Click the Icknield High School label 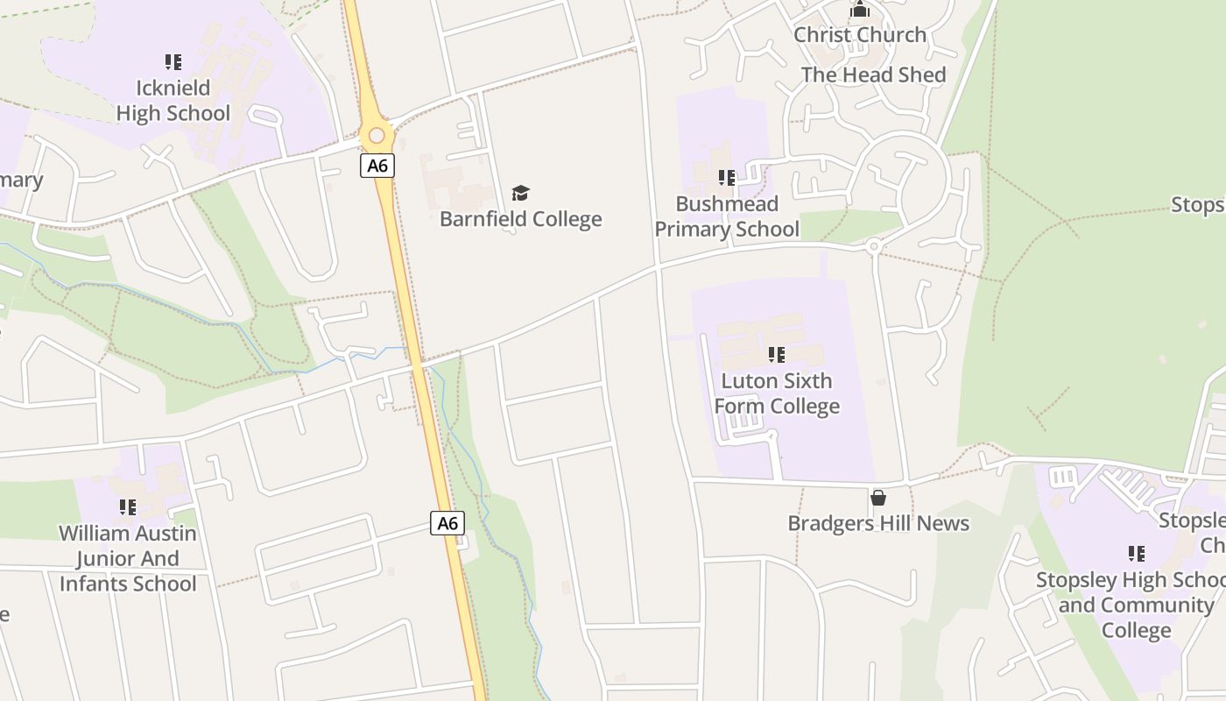[173, 101]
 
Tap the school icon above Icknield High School [173, 62]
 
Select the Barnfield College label [521, 219]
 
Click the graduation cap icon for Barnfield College [521, 193]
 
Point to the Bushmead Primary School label [727, 216]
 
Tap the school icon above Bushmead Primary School [727, 178]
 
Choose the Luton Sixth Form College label [777, 393]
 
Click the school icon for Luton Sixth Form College [777, 355]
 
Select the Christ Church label [860, 35]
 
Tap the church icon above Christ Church [860, 10]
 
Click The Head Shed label [873, 75]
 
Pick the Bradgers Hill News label [878, 524]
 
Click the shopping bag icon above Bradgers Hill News [878, 498]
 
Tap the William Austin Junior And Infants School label [128, 558]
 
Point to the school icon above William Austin [128, 507]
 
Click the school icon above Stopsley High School [1137, 554]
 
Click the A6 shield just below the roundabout [377, 166]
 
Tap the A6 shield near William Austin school [447, 524]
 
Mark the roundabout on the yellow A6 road [377, 136]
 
